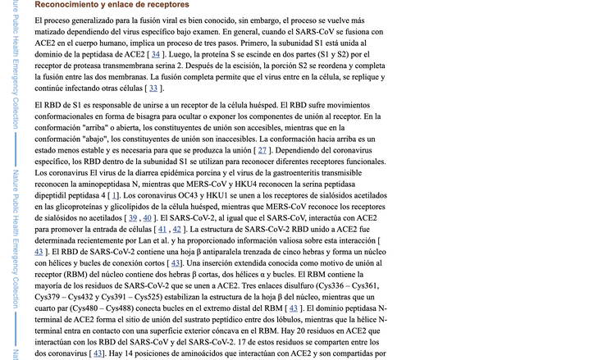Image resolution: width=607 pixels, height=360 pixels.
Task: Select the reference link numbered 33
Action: pos(153,88)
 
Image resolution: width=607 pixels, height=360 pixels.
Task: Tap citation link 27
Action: pos(262,150)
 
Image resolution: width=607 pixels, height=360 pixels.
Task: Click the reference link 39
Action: pos(132,218)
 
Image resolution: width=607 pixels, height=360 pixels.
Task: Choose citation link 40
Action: pos(148,218)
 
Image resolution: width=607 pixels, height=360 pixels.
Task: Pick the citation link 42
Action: pos(177,230)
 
